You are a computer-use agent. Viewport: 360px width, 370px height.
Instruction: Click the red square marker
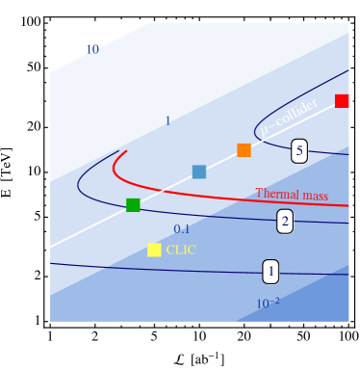pos(342,101)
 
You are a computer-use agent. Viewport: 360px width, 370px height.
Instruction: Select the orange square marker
pos(244,150)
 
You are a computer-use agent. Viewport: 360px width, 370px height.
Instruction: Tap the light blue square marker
pos(199,172)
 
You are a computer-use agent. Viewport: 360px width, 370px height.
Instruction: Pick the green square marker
pos(133,204)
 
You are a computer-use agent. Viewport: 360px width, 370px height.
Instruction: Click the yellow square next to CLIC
pos(154,251)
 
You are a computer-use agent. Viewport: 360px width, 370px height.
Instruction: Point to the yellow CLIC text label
pos(181,251)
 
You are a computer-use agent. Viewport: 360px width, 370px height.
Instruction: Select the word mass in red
pos(315,196)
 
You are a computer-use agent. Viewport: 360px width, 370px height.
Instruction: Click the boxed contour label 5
pos(299,151)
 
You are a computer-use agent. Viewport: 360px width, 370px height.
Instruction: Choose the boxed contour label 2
pos(285,222)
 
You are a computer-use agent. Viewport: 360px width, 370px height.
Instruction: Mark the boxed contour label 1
pos(270,273)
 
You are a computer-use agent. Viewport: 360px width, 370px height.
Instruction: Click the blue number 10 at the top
pos(92,49)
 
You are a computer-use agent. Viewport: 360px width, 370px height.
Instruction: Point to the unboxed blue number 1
pos(167,121)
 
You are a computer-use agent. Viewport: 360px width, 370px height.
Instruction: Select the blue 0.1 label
pos(181,229)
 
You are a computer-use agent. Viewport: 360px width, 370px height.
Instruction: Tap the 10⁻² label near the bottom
pos(268,304)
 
